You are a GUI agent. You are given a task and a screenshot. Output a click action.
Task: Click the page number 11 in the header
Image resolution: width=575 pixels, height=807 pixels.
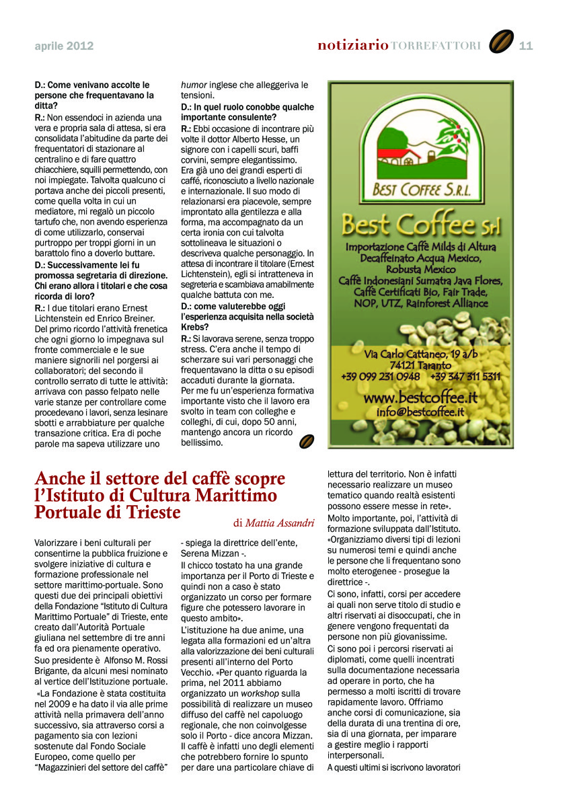(526, 46)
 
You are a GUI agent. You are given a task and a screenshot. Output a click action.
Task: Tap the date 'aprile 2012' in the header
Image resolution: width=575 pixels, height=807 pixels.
(64, 46)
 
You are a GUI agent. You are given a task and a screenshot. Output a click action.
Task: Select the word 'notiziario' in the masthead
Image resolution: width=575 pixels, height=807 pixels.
(352, 46)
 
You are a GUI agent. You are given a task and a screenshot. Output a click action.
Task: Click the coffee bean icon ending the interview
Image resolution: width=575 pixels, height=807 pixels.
(306, 441)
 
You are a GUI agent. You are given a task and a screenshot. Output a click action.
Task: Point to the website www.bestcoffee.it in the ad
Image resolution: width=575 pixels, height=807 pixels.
(420, 398)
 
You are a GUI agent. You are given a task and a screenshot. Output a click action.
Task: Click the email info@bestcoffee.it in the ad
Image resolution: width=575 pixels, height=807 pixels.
(420, 412)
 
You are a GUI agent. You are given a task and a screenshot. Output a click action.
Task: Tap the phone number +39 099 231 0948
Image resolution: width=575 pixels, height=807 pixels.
(381, 377)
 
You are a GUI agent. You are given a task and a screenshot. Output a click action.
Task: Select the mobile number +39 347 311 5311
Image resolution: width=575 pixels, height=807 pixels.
(465, 377)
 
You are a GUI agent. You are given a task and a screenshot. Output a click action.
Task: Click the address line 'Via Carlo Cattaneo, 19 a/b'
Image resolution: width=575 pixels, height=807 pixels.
(421, 354)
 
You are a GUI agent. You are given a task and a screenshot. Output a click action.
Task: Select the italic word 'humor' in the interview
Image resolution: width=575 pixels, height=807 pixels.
(194, 85)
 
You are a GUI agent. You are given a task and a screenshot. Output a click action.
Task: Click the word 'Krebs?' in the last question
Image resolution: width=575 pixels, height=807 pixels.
(196, 327)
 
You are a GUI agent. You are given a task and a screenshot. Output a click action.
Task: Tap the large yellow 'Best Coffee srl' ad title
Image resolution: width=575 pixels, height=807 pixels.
(420, 223)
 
